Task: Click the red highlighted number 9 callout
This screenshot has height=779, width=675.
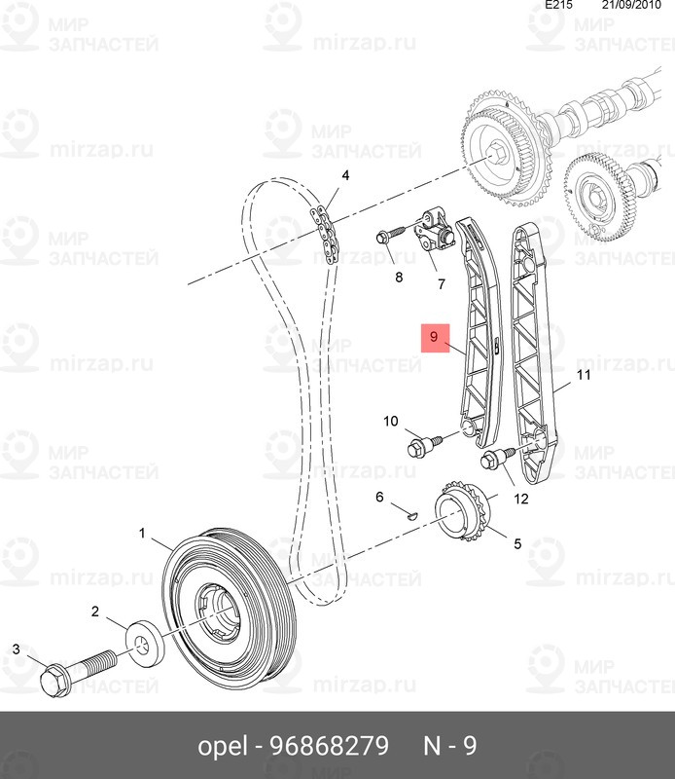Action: coord(435,339)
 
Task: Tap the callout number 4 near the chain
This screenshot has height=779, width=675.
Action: coord(344,176)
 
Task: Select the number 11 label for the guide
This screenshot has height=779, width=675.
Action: coord(584,374)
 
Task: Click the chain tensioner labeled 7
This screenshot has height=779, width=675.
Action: coord(434,235)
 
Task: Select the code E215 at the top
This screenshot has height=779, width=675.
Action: coord(558,6)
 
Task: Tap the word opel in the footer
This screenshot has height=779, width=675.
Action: coord(222,747)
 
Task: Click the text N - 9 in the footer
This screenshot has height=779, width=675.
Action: coord(449,747)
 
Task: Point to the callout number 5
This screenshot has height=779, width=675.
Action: coord(516,544)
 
